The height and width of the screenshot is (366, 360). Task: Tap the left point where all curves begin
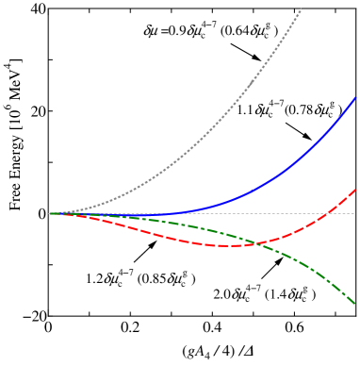tap(50, 213)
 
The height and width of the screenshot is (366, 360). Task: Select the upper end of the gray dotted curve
tap(302, 8)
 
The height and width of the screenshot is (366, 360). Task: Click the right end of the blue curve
tap(355, 97)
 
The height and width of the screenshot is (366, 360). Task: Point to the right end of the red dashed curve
tap(355, 190)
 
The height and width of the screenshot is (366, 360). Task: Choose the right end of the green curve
tap(355, 304)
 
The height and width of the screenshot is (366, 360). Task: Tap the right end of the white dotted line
tap(355, 213)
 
